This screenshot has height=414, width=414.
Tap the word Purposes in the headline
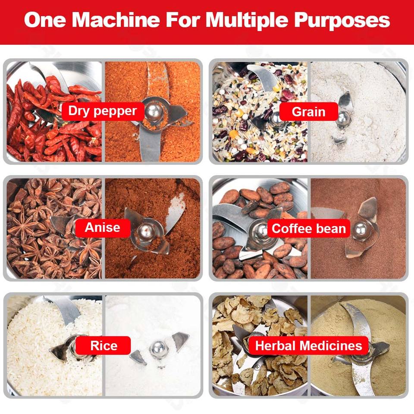pos(342,21)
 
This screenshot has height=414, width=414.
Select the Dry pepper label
pos(103,111)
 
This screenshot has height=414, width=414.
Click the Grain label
pos(309,112)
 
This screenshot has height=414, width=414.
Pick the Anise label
pos(103,228)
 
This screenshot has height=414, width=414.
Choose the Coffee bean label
pos(309,229)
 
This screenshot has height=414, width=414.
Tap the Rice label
pos(103,345)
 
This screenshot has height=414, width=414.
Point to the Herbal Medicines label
pos(309,345)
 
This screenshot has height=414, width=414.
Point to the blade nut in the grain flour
pos(344,117)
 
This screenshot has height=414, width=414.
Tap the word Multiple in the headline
pos(247,21)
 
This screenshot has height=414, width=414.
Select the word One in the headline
pos(45,20)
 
